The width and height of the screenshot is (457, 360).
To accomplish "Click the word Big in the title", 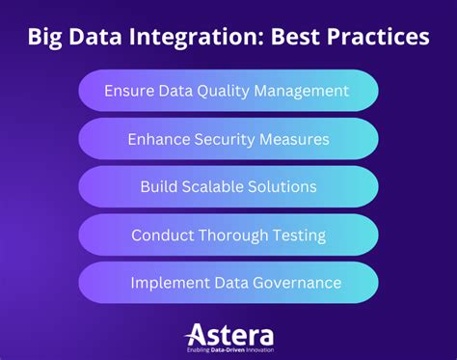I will coord(46,39).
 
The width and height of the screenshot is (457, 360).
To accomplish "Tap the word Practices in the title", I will coord(375,39).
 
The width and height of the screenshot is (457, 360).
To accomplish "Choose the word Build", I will coord(161,186).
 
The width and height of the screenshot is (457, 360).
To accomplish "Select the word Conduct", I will coord(162,235).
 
